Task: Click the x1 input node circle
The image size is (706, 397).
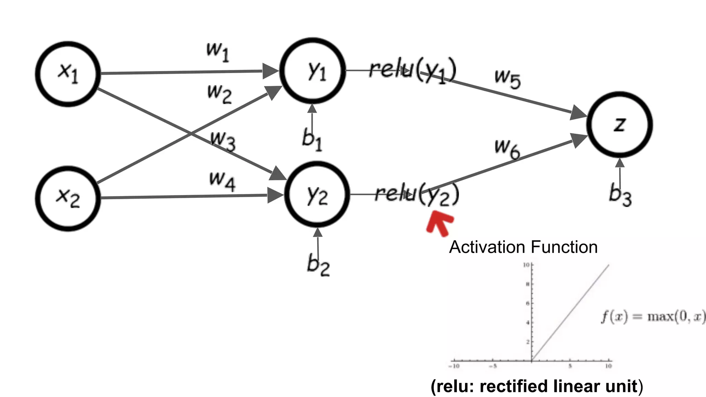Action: [68, 74]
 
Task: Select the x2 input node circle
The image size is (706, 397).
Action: [68, 198]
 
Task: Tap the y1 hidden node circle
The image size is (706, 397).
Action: [313, 71]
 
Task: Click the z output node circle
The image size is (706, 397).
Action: [619, 124]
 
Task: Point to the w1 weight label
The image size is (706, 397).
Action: [218, 52]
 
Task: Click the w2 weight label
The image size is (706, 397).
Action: [219, 93]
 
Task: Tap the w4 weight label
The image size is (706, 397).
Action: [222, 181]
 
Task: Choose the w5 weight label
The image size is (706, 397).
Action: [507, 79]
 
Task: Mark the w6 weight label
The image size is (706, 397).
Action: [507, 149]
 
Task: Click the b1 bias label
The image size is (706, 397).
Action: [312, 140]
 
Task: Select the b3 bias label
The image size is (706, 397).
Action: [620, 195]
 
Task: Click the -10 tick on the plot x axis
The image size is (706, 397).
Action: [454, 366]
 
